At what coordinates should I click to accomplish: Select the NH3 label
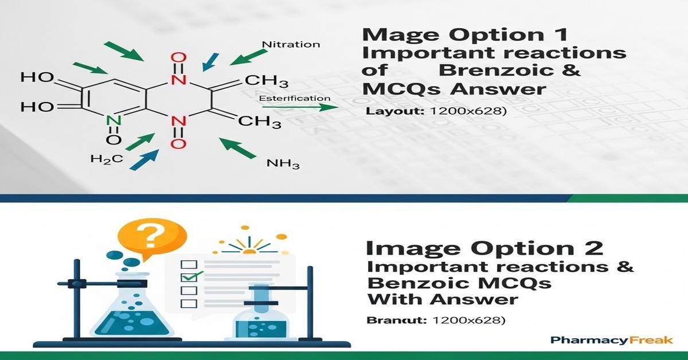pos(283,165)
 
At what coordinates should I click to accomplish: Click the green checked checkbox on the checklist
pos(189,277)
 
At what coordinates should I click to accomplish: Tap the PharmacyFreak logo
pos(611,341)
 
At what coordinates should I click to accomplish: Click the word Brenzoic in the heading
pos(511,71)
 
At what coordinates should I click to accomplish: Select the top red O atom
pos(179,58)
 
